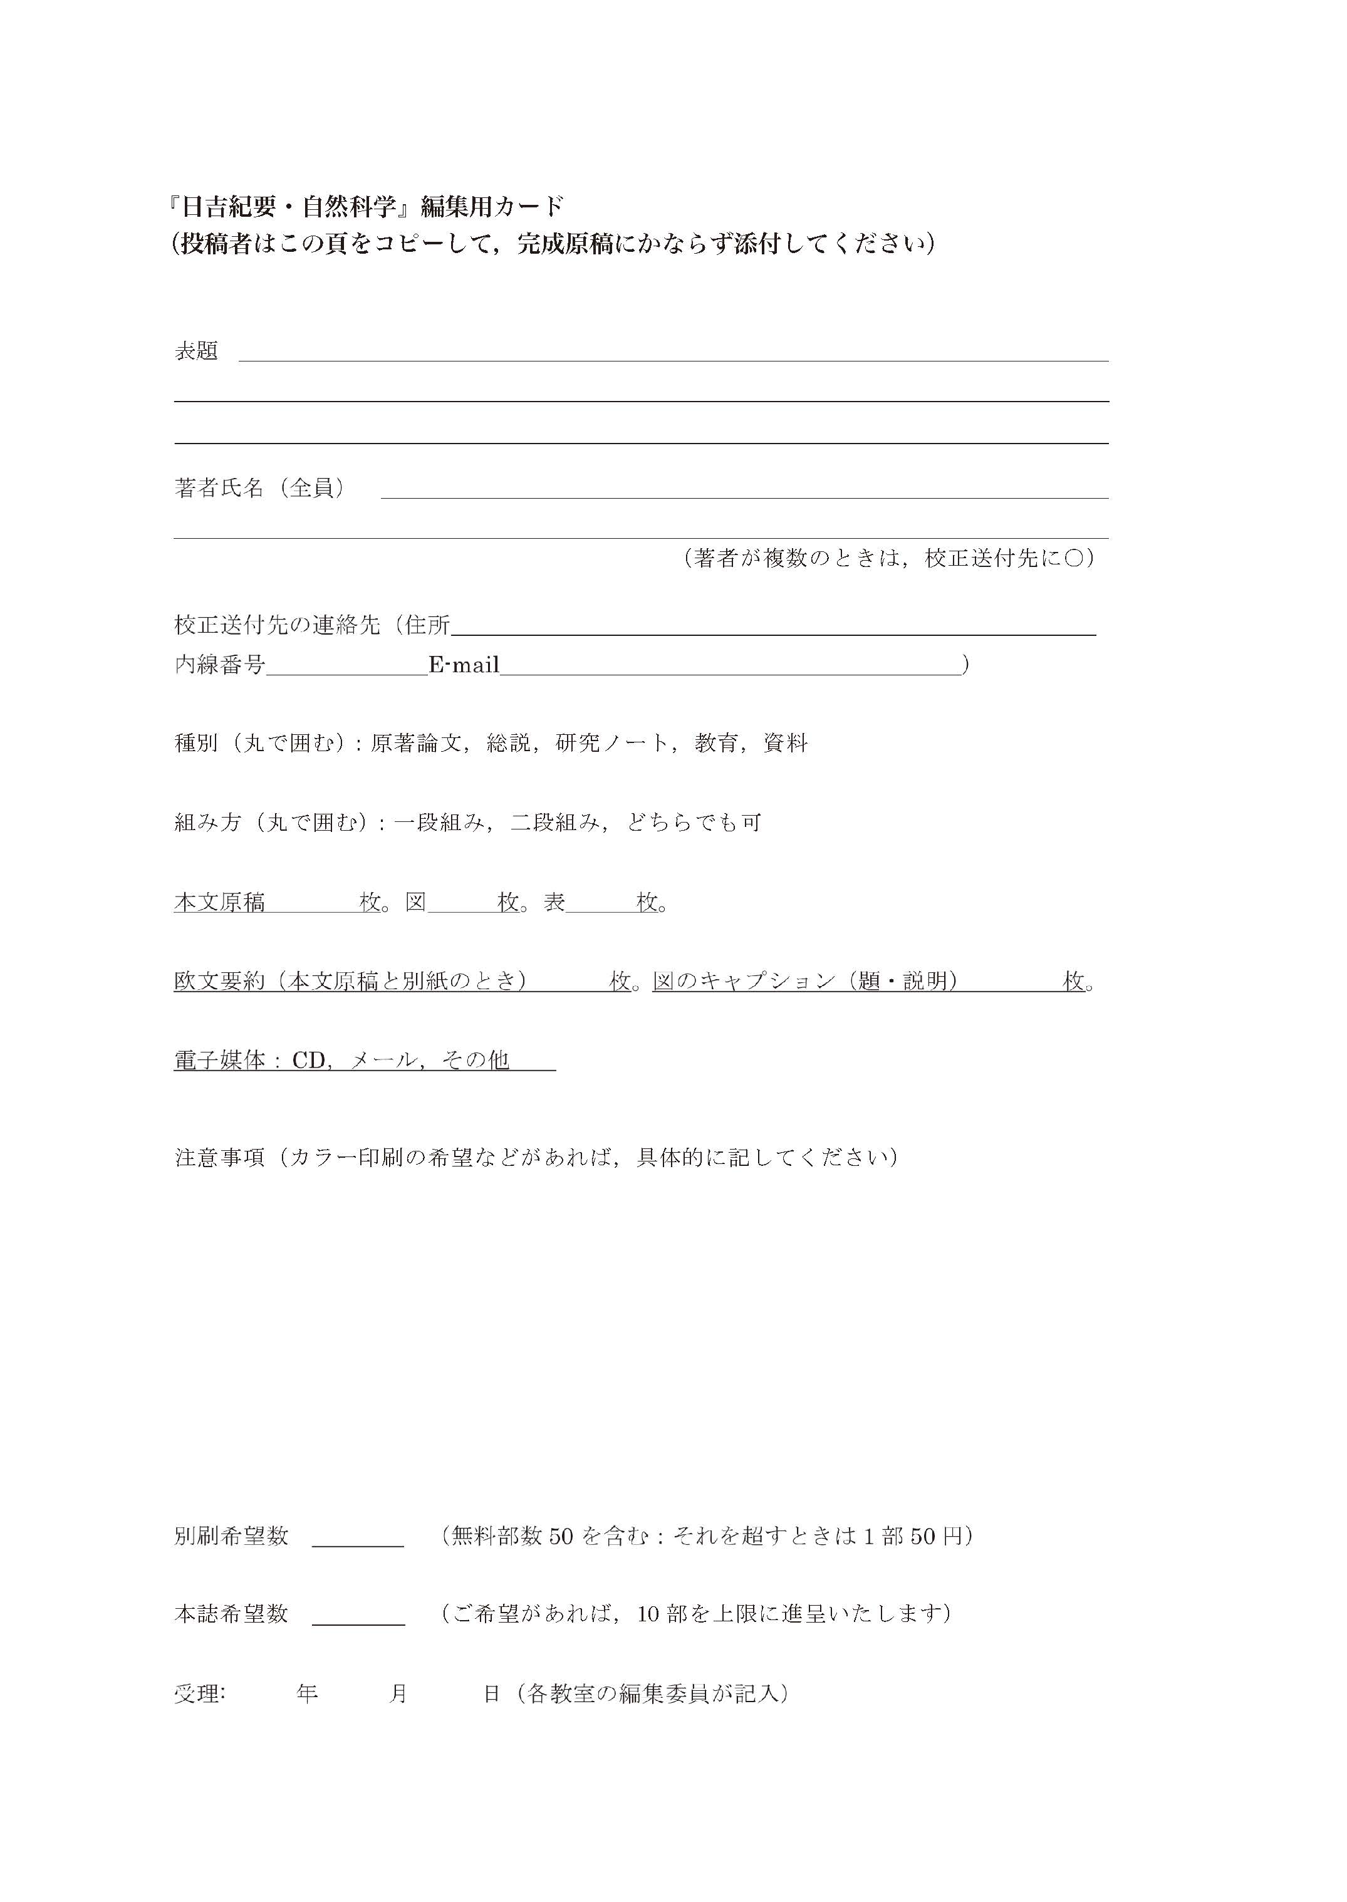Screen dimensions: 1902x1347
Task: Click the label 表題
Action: pyautogui.click(x=197, y=351)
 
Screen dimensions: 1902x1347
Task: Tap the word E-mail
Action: pyautogui.click(x=464, y=665)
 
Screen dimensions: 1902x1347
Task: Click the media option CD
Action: pyautogui.click(x=309, y=1061)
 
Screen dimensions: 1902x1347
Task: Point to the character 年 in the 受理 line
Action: pyautogui.click(x=307, y=1694)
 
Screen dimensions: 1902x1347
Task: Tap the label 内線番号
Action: pyautogui.click(x=220, y=665)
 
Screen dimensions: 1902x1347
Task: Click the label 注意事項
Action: pyautogui.click(x=220, y=1157)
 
